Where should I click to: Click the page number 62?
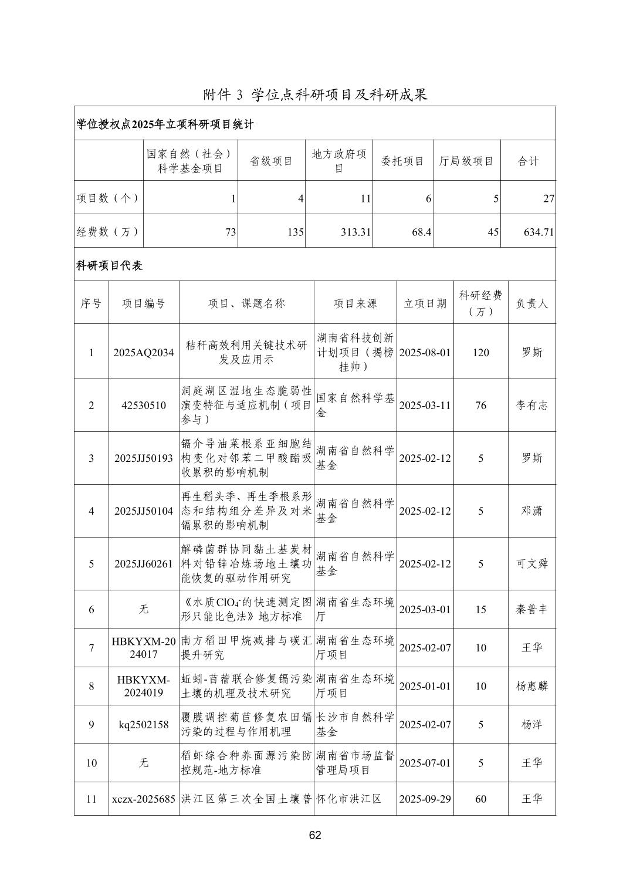315,836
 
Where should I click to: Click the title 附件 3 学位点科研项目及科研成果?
315,94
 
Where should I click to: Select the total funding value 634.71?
538,232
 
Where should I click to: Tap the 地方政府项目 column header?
338,161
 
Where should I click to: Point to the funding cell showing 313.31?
355,232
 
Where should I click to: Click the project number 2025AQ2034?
144,353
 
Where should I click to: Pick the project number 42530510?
144,406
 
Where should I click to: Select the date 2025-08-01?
425,353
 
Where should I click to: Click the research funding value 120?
480,353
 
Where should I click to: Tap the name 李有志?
531,406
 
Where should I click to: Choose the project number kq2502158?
144,725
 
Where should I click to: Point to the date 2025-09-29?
425,799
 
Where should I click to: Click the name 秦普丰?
531,609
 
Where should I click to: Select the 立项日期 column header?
425,303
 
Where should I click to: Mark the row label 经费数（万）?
108,232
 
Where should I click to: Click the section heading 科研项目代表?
110,265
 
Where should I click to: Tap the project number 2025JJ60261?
144,564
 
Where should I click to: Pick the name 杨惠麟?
531,686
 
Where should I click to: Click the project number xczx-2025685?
144,799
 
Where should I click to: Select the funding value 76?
480,406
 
